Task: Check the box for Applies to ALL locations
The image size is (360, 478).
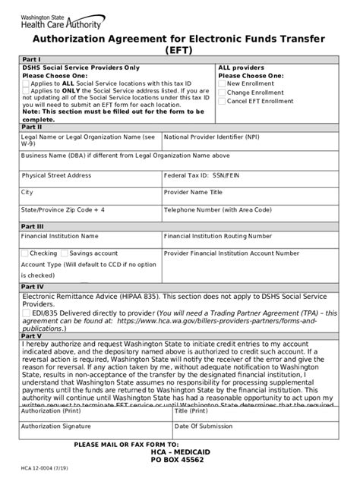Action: coord(25,83)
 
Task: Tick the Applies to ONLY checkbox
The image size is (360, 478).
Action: coord(25,90)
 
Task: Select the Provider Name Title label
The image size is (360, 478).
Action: coord(194,193)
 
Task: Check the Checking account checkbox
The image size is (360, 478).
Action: coord(25,253)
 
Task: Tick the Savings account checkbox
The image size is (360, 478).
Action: coord(64,253)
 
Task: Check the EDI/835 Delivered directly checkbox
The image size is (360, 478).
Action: coord(26,313)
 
